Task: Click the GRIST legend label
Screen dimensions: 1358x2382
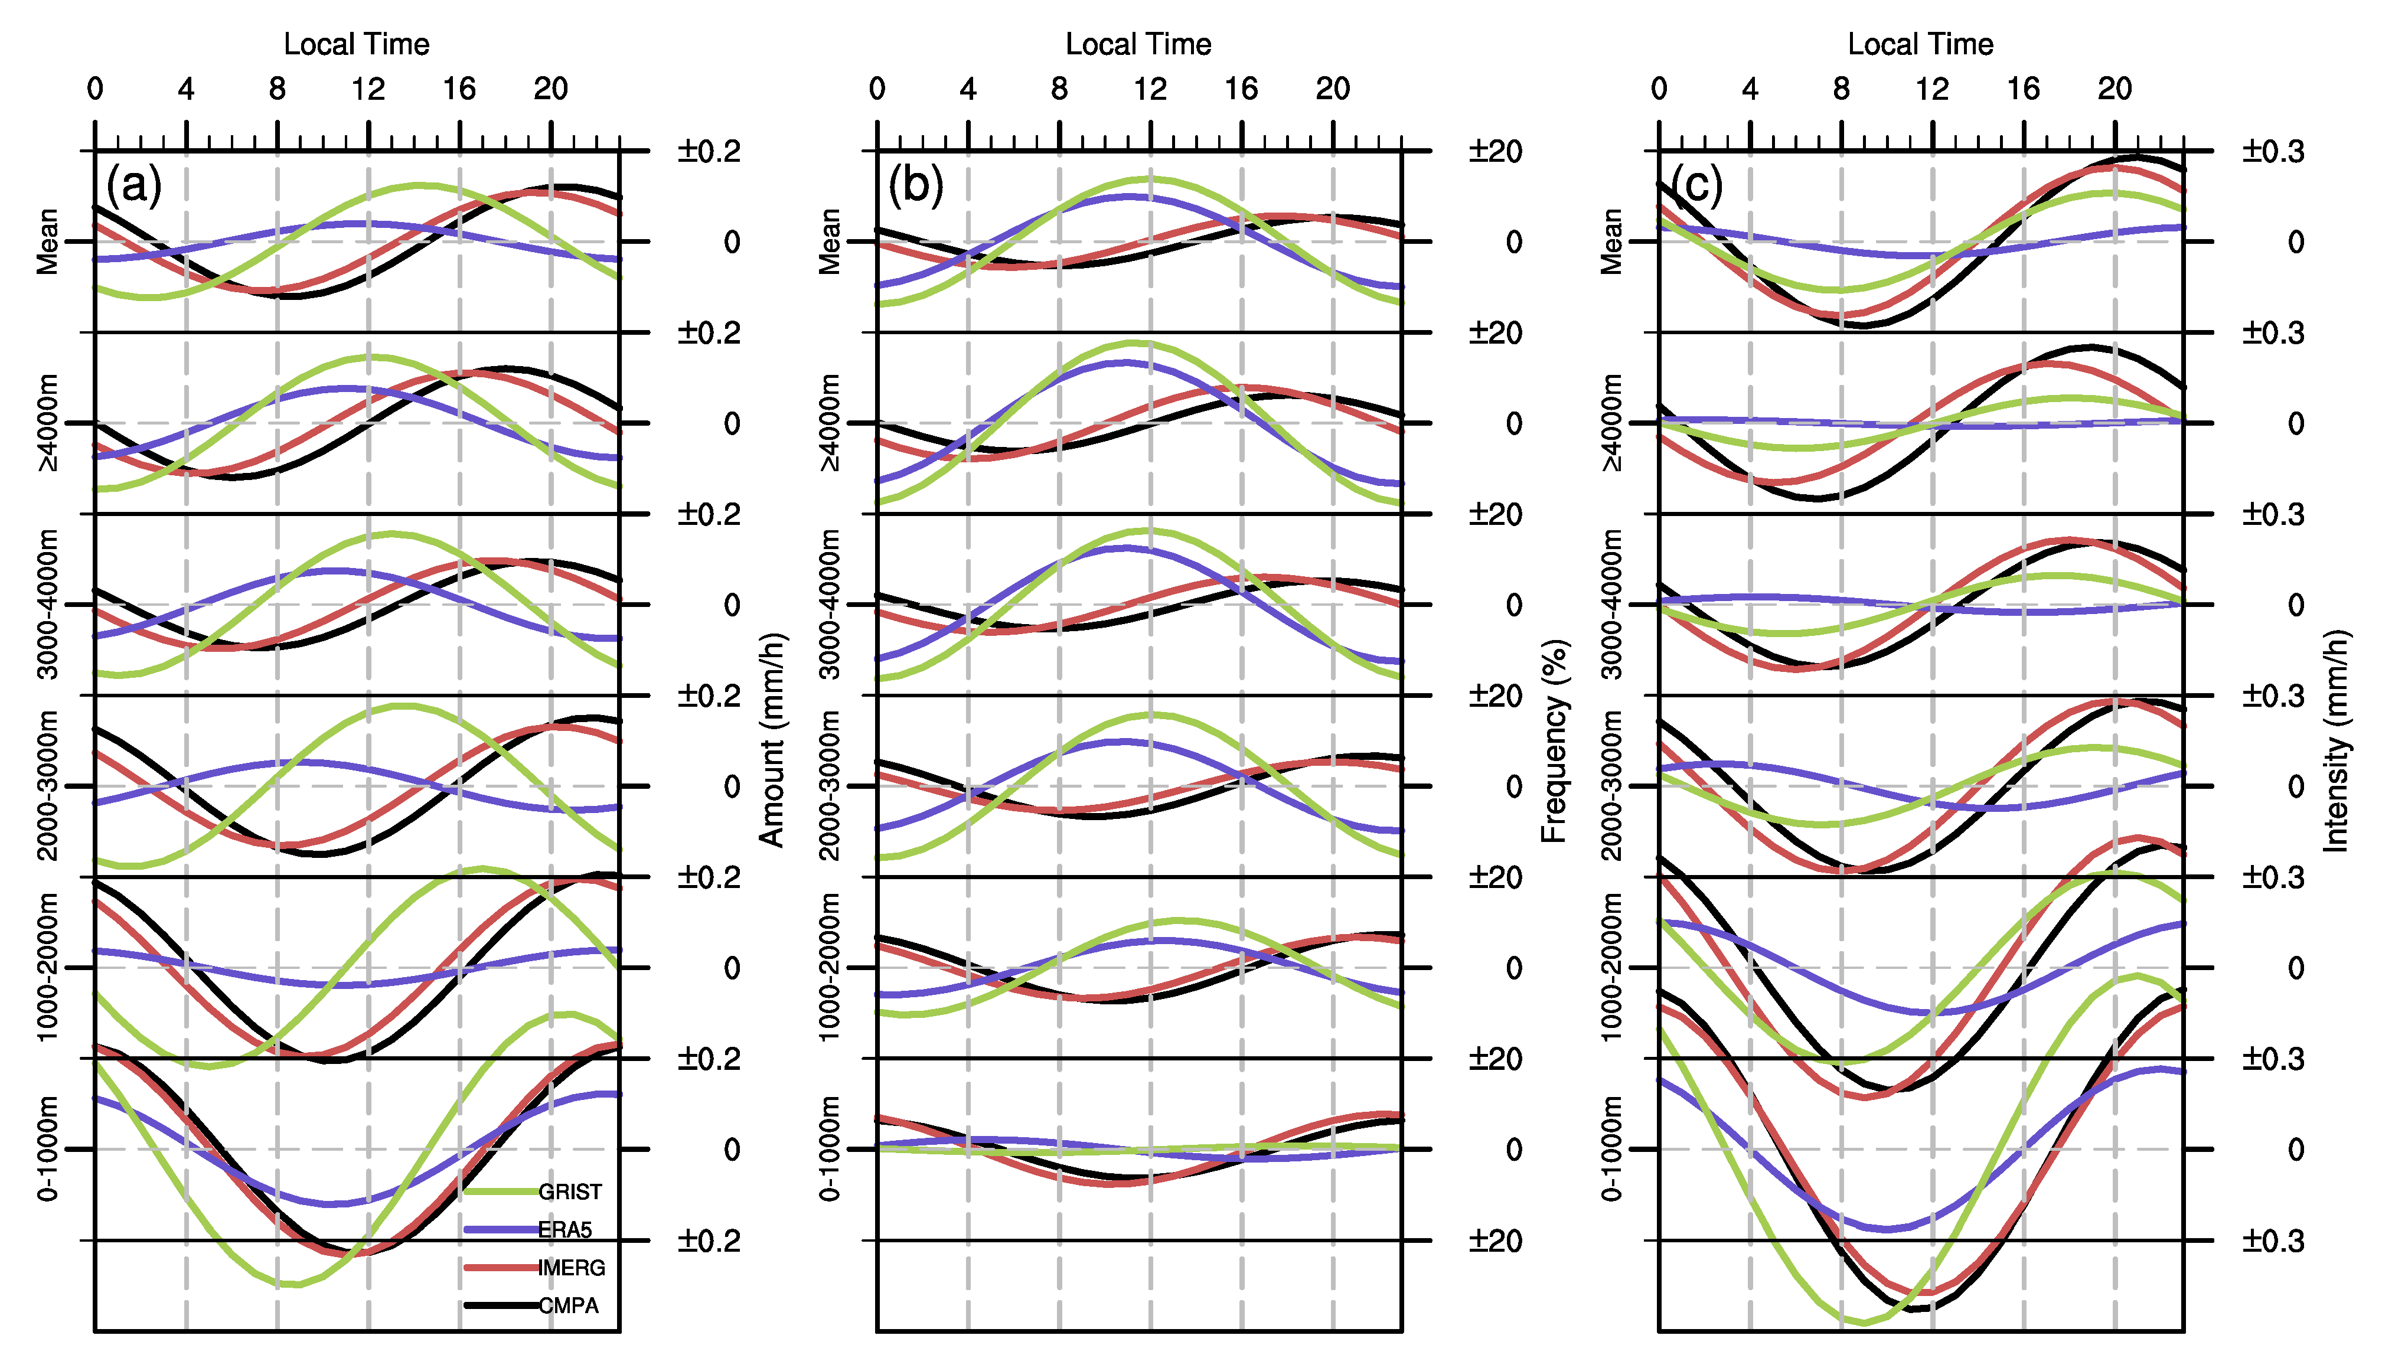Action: click(x=570, y=1192)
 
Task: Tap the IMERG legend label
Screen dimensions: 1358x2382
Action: click(x=572, y=1268)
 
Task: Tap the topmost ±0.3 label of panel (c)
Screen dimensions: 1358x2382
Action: click(x=2273, y=151)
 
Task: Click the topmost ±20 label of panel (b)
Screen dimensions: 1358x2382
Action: click(x=1495, y=151)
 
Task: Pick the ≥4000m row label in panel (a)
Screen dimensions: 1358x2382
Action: click(x=47, y=423)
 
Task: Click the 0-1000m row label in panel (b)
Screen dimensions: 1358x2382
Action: click(x=829, y=1149)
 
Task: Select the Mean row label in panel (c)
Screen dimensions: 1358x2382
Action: click(x=1611, y=241)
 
